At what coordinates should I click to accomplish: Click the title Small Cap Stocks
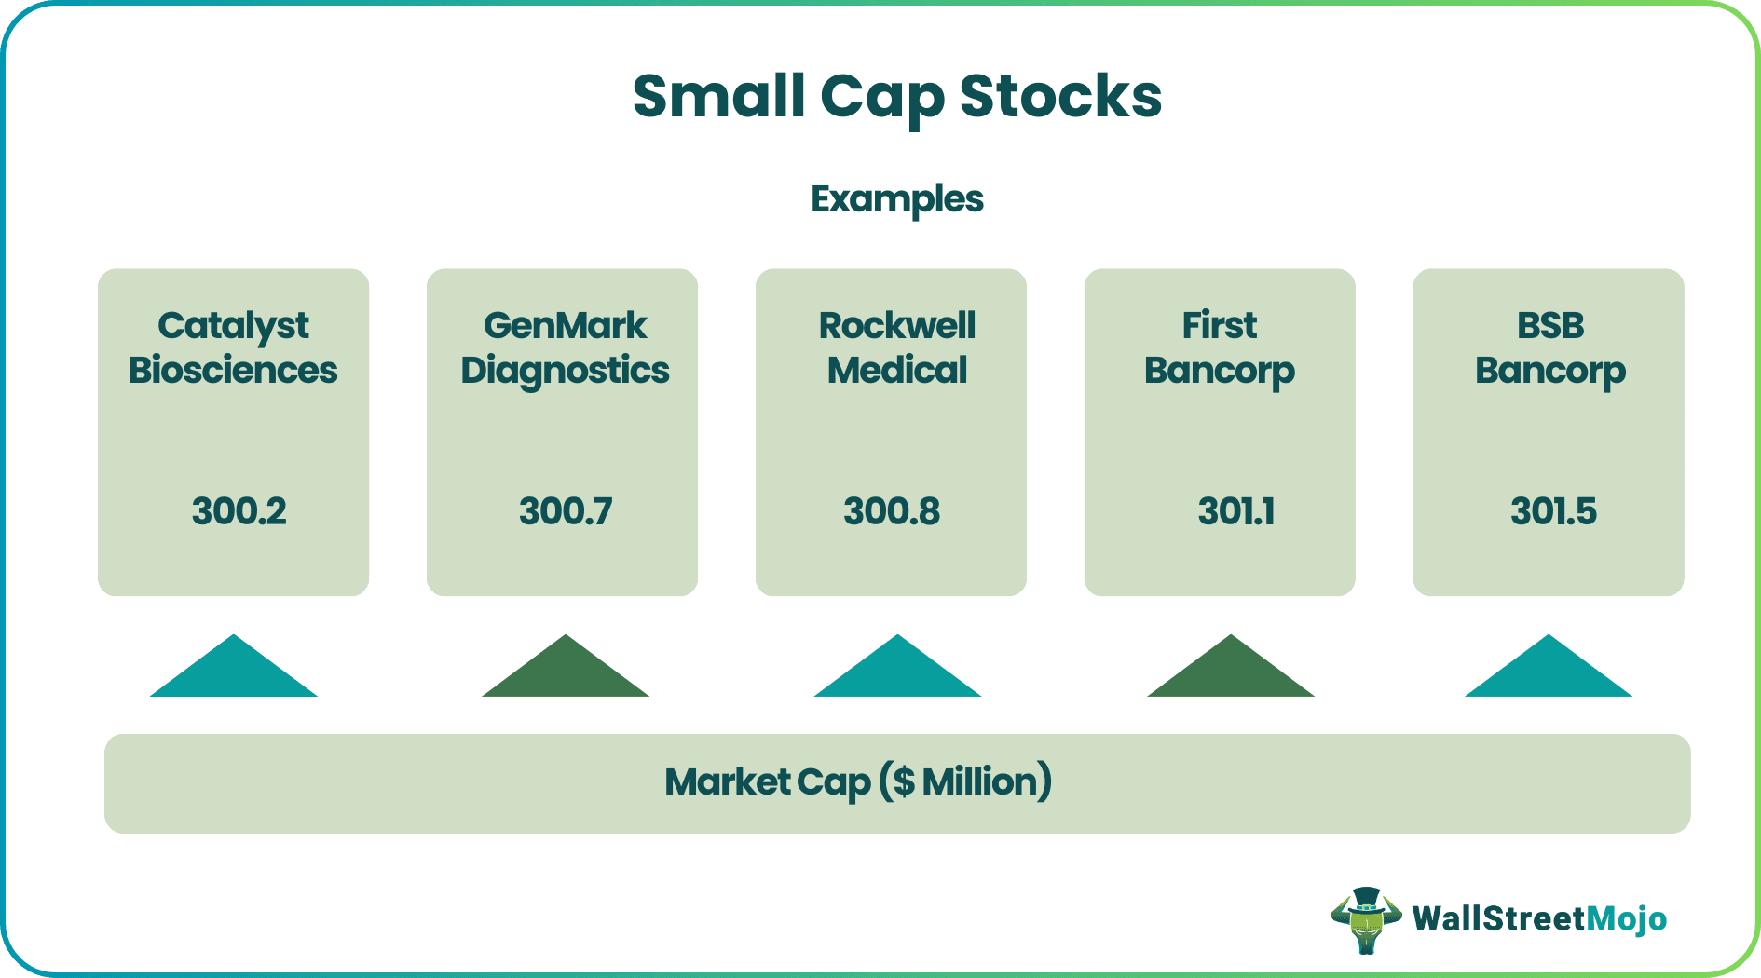896,97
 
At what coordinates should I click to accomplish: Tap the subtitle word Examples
896,199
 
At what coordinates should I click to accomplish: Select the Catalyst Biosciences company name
233,347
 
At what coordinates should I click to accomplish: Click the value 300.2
239,511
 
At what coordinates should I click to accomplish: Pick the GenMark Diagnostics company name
565,347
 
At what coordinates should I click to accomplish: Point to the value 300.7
566,511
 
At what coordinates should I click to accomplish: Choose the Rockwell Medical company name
896,347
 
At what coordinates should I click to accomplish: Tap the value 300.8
892,511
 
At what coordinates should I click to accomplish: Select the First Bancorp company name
1219,347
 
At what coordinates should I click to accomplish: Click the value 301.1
1236,511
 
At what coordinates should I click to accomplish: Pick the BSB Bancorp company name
1549,347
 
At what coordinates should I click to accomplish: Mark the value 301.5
1553,511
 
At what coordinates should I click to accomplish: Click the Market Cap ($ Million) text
858,782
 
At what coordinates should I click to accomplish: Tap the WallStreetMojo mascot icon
1366,920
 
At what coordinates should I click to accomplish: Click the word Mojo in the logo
1626,919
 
